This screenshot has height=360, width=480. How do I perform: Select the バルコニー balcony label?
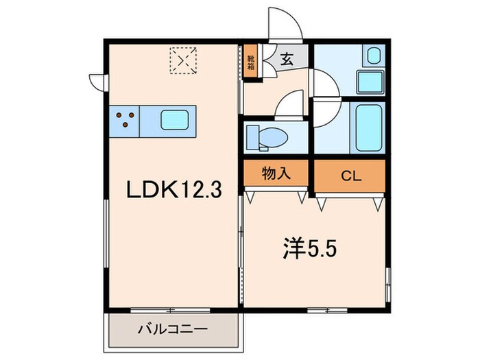click(174, 329)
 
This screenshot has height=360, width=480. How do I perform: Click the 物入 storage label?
click(276, 174)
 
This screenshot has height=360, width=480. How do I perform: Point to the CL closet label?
click(350, 175)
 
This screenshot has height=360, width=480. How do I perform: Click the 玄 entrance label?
click(287, 59)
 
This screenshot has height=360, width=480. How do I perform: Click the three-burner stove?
click(125, 121)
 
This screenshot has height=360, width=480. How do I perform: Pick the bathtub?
click(370, 127)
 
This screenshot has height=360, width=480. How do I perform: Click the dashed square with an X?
click(182, 59)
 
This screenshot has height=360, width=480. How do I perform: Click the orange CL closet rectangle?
click(350, 175)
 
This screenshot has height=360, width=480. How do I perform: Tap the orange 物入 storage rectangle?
click(276, 174)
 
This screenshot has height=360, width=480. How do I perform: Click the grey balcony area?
click(174, 331)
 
